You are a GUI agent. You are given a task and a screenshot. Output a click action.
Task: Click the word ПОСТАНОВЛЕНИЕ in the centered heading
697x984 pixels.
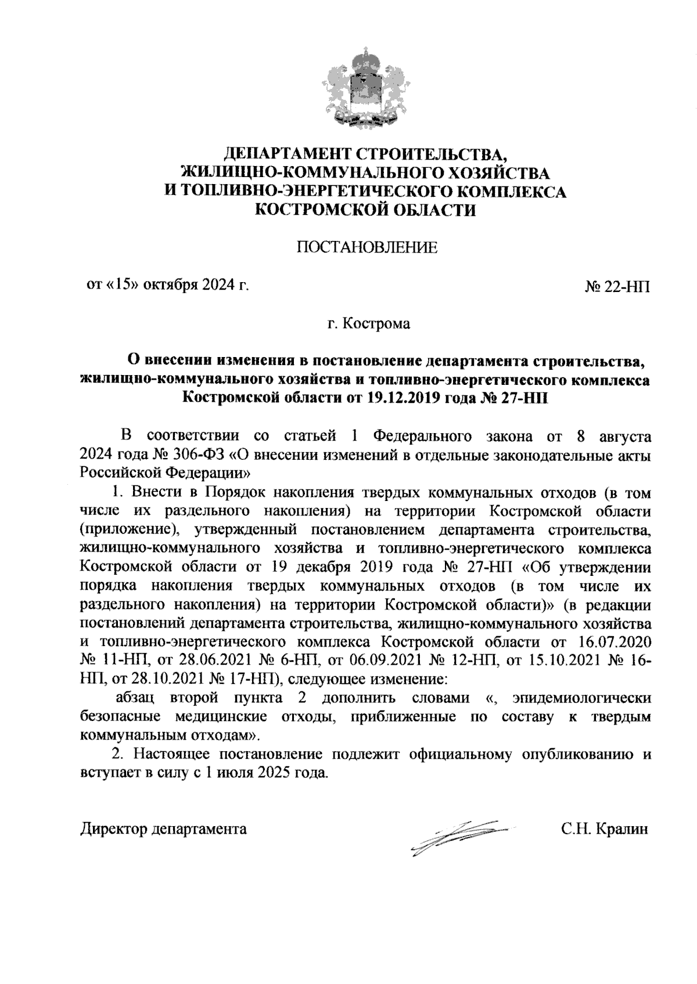[367, 248]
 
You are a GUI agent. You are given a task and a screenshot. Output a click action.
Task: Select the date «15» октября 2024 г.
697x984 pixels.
[167, 285]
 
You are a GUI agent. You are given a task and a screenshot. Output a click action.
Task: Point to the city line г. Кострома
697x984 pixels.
[368, 323]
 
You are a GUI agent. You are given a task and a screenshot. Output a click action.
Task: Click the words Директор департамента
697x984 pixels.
[163, 828]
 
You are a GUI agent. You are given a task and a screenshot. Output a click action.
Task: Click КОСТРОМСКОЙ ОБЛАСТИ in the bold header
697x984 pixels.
[366, 210]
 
